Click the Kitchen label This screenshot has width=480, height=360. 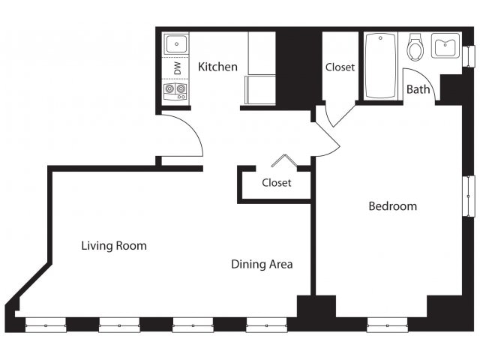[217, 67]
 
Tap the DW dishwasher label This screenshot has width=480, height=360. [177, 67]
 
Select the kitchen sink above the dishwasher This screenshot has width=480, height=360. [176, 44]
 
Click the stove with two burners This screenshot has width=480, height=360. [176, 91]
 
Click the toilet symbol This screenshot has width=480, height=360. [415, 46]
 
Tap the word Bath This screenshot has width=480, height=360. [418, 90]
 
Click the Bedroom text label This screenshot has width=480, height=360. [392, 206]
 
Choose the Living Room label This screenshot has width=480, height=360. [114, 245]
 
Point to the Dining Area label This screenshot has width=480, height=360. [262, 264]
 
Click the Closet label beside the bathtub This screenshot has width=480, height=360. [340, 67]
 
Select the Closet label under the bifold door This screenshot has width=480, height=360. [277, 182]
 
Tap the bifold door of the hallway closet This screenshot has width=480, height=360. [283, 160]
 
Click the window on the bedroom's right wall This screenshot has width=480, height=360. [469, 196]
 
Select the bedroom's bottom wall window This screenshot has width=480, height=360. [387, 325]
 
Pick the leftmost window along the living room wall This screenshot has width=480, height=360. [46, 325]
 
